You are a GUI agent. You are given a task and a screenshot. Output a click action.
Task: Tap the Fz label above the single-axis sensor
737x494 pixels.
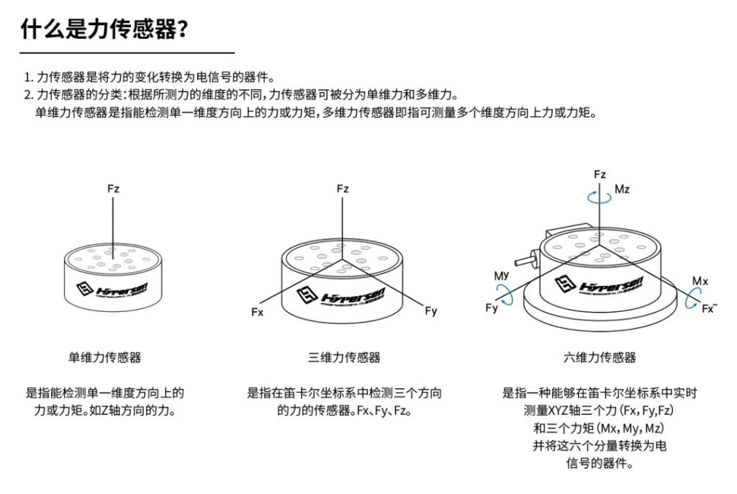[x=113, y=189]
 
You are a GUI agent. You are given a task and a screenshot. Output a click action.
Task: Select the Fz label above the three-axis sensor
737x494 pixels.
[x=343, y=189]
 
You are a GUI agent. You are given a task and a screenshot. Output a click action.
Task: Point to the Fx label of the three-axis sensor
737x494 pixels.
[x=258, y=313]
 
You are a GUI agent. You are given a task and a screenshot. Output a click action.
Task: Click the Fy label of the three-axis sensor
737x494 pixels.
[x=431, y=312]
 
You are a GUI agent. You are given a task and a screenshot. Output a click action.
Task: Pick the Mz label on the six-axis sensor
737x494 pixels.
[x=622, y=189]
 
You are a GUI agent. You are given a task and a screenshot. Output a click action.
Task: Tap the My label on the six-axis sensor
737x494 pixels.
[x=502, y=277]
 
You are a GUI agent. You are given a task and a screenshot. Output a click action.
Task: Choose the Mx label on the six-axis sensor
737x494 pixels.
[x=700, y=280]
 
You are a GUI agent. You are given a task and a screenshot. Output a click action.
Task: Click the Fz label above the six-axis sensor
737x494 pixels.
[x=600, y=175]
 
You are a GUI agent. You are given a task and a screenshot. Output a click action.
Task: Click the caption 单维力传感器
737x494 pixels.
[x=105, y=357]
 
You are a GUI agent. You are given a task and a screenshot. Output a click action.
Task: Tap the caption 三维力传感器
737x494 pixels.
[x=344, y=357]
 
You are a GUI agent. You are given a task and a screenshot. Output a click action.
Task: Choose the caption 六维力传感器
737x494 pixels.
[x=600, y=357]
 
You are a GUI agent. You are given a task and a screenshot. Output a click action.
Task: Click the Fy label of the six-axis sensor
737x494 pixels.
[x=492, y=308]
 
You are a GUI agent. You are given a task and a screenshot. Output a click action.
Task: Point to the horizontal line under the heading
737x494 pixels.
[x=127, y=53]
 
